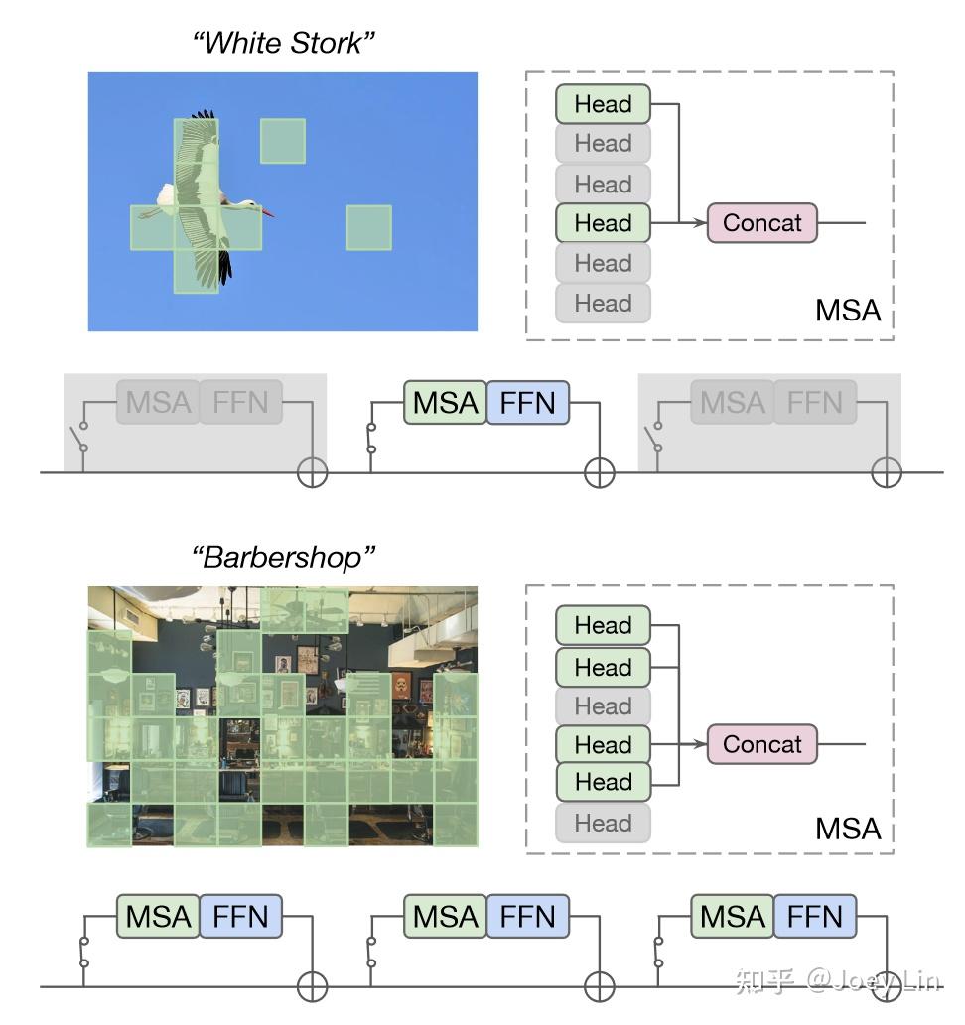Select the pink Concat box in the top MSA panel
761,223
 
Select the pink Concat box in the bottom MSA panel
761,744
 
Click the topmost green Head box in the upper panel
603,104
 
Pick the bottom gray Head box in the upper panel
603,303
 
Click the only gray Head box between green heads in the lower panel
603,706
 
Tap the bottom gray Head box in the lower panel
603,823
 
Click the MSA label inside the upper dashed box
848,311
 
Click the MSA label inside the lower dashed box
848,829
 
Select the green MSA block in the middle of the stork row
446,403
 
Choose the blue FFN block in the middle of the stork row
528,403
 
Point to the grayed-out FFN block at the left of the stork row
241,402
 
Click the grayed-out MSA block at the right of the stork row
733,402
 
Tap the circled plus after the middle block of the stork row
599,473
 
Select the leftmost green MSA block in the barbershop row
158,917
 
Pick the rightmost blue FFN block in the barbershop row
814,917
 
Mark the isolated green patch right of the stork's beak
368,227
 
